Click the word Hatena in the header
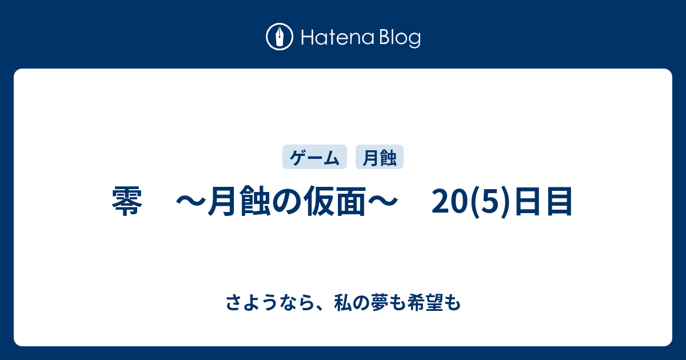click(x=338, y=37)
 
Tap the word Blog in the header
click(x=400, y=38)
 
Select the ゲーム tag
click(x=314, y=157)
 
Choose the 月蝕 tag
click(x=380, y=157)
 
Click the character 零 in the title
click(x=127, y=201)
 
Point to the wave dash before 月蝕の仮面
click(x=191, y=201)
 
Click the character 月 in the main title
click(x=223, y=201)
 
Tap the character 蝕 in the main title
click(x=256, y=201)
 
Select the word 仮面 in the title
click(x=334, y=201)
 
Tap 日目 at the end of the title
click(x=543, y=201)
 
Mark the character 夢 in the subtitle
click(x=380, y=303)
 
